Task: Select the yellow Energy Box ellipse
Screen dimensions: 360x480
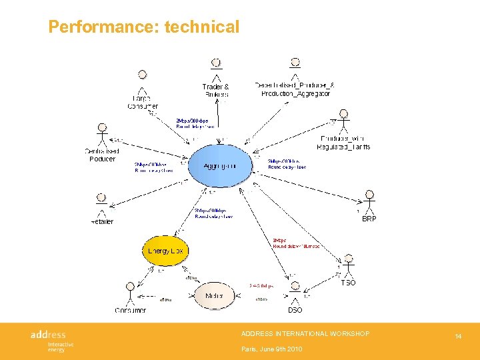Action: click(x=165, y=251)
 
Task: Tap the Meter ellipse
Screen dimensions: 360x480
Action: click(x=215, y=295)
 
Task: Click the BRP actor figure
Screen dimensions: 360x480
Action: click(x=369, y=201)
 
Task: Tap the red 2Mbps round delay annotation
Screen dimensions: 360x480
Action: click(x=295, y=243)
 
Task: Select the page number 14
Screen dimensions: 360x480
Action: click(x=458, y=337)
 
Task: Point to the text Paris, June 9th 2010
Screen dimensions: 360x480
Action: click(x=271, y=349)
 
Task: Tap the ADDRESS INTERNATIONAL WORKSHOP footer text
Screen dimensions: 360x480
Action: click(x=305, y=333)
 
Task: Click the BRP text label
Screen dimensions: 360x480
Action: click(x=369, y=219)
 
